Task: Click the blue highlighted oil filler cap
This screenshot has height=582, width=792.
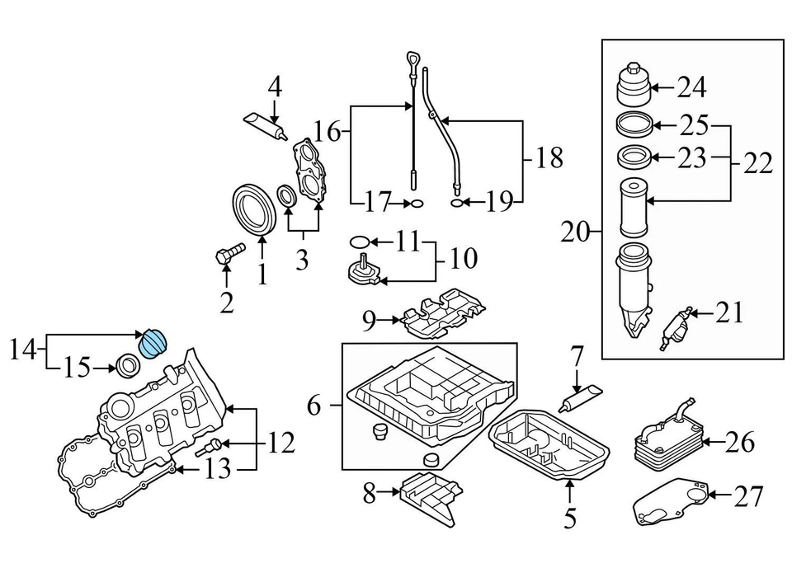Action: tap(153, 342)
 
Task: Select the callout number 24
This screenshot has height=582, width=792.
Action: tap(692, 87)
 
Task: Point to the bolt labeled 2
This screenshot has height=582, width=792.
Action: tap(229, 253)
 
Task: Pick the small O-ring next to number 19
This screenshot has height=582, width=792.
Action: tap(456, 201)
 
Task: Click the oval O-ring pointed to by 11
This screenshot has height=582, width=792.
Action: tap(359, 242)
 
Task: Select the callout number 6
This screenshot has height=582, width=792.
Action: tap(313, 405)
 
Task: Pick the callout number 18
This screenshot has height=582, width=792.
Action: tap(549, 156)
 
